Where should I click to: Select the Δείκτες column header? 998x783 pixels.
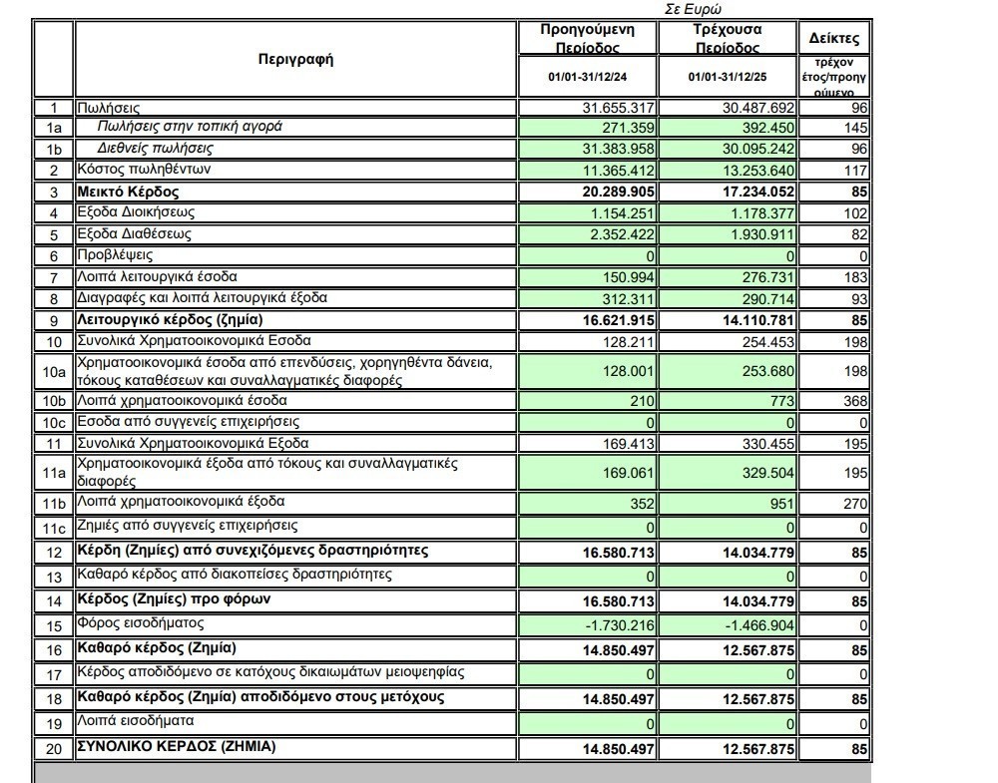pyautogui.click(x=833, y=40)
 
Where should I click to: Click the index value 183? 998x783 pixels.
pyautogui.click(x=856, y=276)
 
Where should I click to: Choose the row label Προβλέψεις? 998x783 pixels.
pyautogui.click(x=115, y=255)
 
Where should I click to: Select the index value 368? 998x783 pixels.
pyautogui.click(x=856, y=401)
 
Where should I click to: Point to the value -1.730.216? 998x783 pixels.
pyautogui.click(x=621, y=625)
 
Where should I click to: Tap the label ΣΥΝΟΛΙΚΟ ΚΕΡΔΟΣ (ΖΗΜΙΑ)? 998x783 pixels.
pyautogui.click(x=177, y=746)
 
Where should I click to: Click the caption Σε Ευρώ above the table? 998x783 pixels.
pyautogui.click(x=693, y=9)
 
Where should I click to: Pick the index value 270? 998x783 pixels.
pyautogui.click(x=856, y=504)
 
